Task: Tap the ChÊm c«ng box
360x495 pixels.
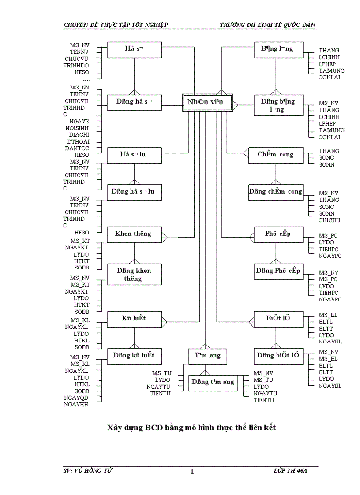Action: pyautogui.click(x=276, y=155)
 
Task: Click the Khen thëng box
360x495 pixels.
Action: pyautogui.click(x=134, y=234)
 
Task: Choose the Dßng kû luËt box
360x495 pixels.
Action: pyautogui.click(x=134, y=355)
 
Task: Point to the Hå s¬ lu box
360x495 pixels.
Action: pyautogui.click(x=134, y=155)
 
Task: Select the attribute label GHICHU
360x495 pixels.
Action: pyautogui.click(x=330, y=220)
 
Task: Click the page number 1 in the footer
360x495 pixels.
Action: pyautogui.click(x=192, y=472)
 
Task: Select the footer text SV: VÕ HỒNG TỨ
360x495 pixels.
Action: pyautogui.click(x=88, y=471)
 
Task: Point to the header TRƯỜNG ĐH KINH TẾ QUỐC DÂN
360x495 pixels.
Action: pyautogui.click(x=268, y=25)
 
